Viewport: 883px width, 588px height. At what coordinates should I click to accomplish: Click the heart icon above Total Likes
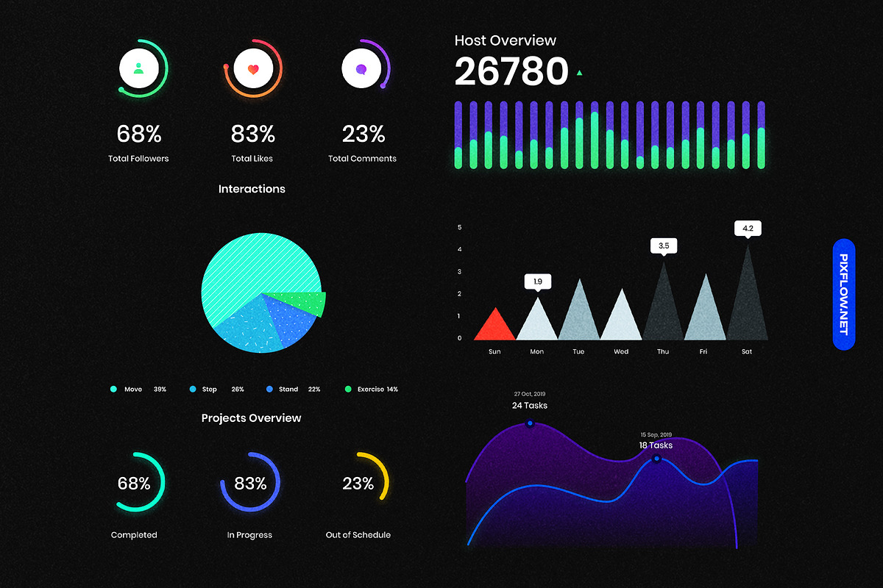[253, 70]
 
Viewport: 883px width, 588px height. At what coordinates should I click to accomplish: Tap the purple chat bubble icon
[361, 70]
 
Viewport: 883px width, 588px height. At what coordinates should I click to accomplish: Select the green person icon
[138, 70]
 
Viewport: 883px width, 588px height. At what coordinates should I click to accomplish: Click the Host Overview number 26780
[511, 72]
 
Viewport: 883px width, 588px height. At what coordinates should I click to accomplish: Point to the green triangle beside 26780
[580, 73]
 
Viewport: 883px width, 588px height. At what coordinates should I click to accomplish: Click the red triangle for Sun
[494, 326]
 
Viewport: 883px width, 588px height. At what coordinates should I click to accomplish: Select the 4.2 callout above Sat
[748, 229]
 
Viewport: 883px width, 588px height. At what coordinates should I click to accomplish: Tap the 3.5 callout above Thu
[663, 245]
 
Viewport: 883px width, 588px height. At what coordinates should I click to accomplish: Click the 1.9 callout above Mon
[537, 281]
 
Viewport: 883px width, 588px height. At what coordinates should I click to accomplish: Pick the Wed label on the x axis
[621, 352]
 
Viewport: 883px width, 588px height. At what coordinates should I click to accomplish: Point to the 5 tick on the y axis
[460, 227]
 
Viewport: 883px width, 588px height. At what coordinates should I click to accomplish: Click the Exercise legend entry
[372, 389]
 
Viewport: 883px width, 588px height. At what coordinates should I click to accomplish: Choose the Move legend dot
[113, 389]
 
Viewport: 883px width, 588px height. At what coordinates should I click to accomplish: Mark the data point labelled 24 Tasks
[529, 424]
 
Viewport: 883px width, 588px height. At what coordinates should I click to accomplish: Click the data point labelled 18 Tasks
[656, 459]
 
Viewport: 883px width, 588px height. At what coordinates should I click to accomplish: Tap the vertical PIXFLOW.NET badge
[843, 294]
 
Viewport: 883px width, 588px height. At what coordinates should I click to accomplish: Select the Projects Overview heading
[252, 418]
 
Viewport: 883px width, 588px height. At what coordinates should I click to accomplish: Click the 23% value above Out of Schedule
[358, 484]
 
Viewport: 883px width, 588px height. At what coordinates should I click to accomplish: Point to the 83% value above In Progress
[250, 484]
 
